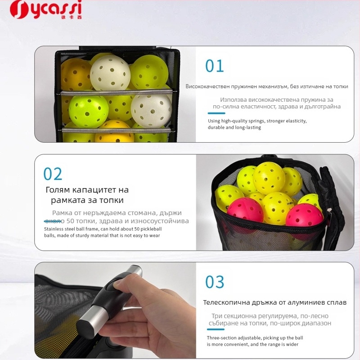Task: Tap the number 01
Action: (215, 66)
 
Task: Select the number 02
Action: (53, 174)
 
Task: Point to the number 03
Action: (215, 282)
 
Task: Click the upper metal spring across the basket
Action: (116, 92)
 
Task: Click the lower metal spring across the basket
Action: (116, 130)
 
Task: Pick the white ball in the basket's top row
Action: (110, 72)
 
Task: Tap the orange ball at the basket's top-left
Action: (76, 73)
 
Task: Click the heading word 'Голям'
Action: (61, 190)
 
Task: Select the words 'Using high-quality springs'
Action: (236, 121)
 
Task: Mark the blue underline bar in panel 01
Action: (216, 112)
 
